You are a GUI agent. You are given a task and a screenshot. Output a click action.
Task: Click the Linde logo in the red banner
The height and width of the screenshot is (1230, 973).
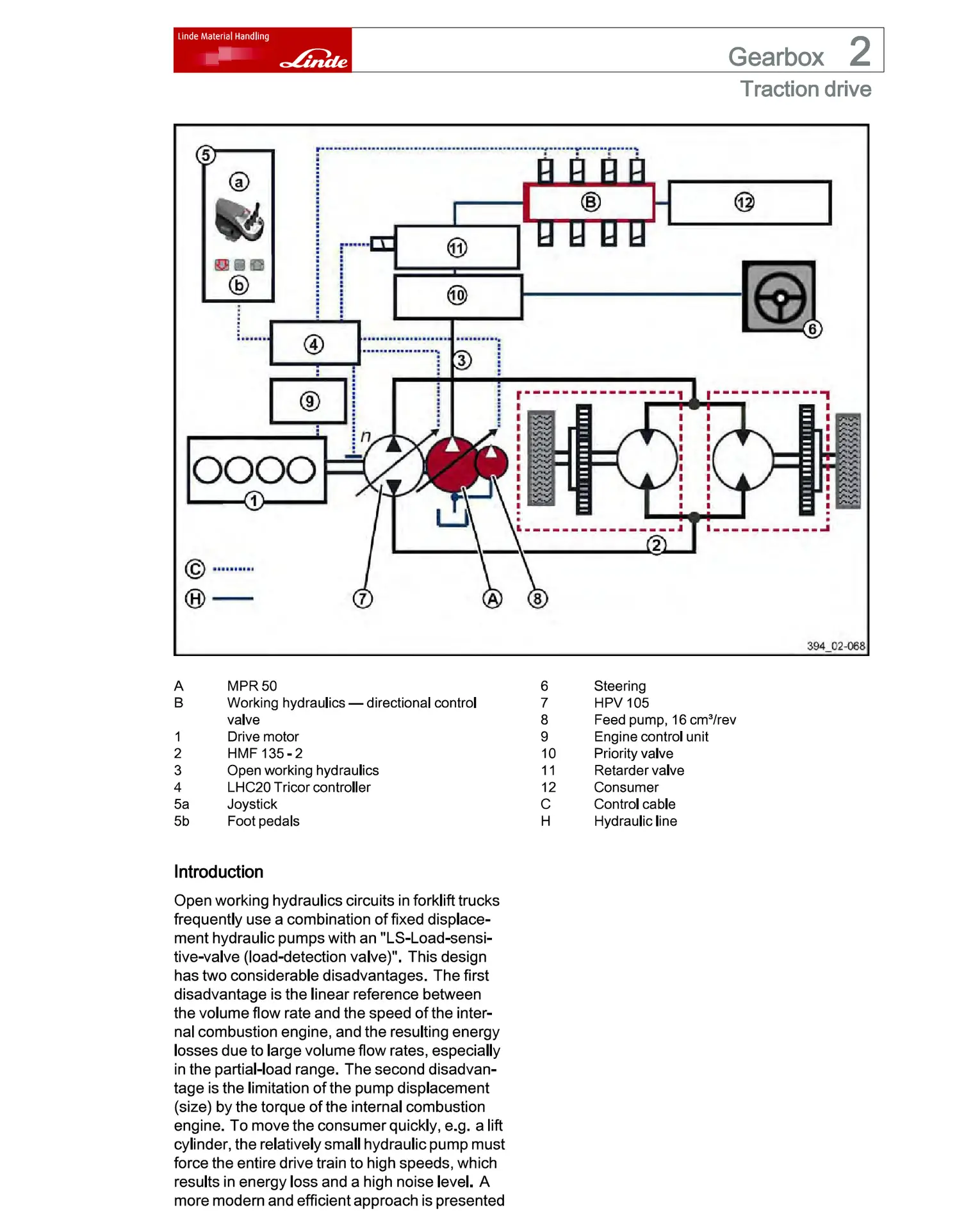point(315,60)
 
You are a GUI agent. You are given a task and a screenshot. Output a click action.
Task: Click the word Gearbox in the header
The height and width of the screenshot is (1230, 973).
point(775,57)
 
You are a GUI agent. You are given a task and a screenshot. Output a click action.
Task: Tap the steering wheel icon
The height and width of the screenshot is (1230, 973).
point(779,297)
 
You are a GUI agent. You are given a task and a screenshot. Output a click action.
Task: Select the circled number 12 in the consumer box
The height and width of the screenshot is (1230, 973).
point(744,202)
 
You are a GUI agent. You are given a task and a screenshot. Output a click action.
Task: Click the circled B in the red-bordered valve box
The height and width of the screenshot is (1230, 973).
point(590,202)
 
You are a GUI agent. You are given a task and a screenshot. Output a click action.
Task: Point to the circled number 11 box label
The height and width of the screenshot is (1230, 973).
point(457,248)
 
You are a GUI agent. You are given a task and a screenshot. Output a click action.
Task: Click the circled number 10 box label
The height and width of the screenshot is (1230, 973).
point(457,295)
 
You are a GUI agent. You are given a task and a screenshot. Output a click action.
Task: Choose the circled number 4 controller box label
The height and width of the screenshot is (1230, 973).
point(313,345)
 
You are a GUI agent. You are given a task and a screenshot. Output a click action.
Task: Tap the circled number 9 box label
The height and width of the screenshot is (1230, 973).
point(309,402)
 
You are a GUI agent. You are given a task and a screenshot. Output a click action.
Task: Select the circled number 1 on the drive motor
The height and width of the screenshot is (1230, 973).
point(254,500)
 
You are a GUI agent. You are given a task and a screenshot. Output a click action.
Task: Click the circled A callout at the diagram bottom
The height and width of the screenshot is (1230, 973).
point(492,599)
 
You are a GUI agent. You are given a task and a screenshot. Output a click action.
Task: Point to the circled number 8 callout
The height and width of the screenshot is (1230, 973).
point(537,599)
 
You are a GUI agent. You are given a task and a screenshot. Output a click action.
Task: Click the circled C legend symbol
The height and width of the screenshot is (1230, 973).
point(195,569)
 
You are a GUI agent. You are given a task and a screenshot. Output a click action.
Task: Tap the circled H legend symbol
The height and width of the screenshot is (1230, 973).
point(195,599)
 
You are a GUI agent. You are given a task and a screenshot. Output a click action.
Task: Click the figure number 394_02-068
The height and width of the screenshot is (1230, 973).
point(835,646)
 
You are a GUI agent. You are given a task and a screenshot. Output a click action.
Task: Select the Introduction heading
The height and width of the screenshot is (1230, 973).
point(218,872)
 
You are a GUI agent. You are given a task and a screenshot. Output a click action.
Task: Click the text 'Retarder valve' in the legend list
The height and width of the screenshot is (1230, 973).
point(639,771)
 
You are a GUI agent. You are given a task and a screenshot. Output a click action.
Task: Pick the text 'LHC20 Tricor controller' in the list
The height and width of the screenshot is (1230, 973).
point(298,787)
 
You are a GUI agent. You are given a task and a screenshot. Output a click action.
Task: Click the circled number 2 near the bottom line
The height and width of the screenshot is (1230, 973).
point(656,546)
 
